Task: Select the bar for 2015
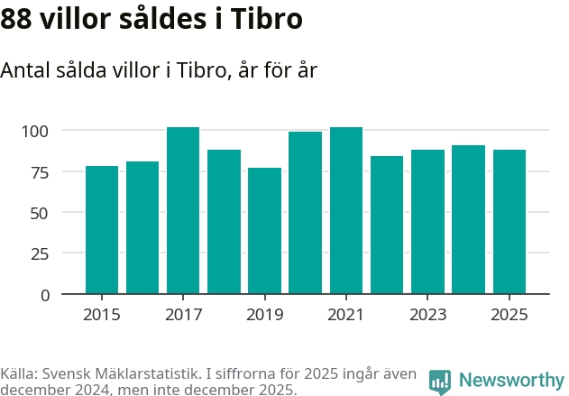click(x=102, y=230)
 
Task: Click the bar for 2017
click(x=183, y=210)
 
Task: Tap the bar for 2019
click(x=264, y=231)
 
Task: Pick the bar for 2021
click(x=346, y=210)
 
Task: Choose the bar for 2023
click(x=427, y=222)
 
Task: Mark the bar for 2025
click(x=509, y=222)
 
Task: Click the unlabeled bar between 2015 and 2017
click(x=142, y=227)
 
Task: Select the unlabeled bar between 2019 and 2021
click(x=305, y=213)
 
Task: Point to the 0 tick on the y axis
click(x=45, y=295)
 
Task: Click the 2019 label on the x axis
click(x=264, y=315)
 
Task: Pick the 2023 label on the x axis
click(x=427, y=315)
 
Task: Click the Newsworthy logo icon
click(x=440, y=382)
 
